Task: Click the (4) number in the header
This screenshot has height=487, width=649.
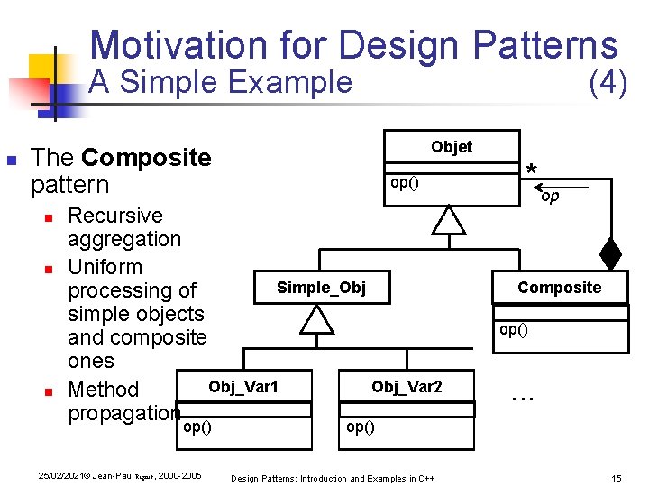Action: pyautogui.click(x=607, y=83)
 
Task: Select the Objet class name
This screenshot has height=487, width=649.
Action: pyautogui.click(x=451, y=147)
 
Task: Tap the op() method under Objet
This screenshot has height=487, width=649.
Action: pyautogui.click(x=403, y=183)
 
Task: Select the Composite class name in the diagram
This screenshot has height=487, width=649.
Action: pyautogui.click(x=559, y=288)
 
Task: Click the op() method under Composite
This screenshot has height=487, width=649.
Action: pyautogui.click(x=513, y=329)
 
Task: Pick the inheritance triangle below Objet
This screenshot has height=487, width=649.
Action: pyautogui.click(x=448, y=220)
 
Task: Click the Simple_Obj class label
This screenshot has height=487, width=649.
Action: pyautogui.click(x=321, y=288)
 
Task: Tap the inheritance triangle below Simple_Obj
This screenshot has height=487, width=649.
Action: pyautogui.click(x=317, y=319)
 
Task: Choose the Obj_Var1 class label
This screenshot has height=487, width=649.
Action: pyautogui.click(x=243, y=387)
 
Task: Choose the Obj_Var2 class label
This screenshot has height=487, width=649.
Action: pyautogui.click(x=407, y=387)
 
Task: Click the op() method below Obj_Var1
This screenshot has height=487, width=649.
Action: pyautogui.click(x=197, y=427)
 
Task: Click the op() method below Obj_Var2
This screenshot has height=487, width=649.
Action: pyautogui.click(x=361, y=427)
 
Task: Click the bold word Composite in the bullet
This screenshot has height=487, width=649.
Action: pyautogui.click(x=146, y=158)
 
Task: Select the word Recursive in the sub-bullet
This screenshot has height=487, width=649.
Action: pyautogui.click(x=115, y=216)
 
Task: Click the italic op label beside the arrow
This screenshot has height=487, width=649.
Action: pyautogui.click(x=550, y=196)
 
